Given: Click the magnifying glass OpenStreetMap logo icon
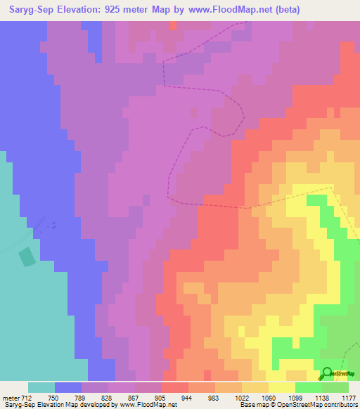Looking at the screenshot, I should (x=327, y=373).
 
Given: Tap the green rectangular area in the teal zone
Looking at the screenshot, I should (x=27, y=256).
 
